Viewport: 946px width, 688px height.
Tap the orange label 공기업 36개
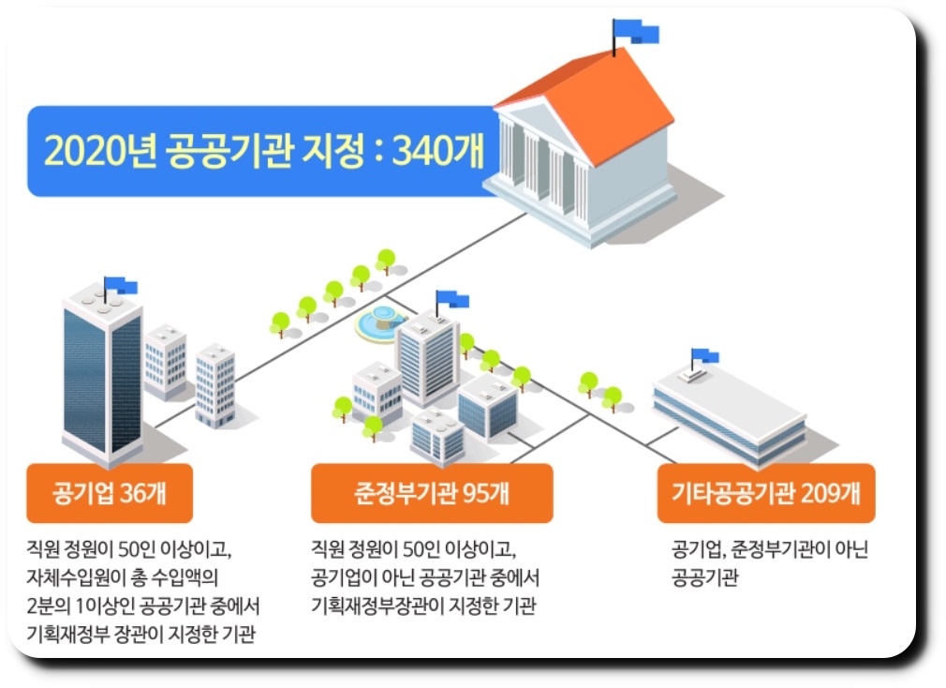click(x=110, y=493)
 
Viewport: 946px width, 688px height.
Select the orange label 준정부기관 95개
click(x=432, y=493)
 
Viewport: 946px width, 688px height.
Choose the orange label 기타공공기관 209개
click(x=765, y=493)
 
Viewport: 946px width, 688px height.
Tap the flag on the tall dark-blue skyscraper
click(x=122, y=285)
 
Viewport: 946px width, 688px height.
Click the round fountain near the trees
click(x=379, y=322)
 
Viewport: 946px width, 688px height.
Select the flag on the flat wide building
click(x=706, y=356)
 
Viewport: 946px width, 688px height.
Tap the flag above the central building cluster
click(x=453, y=299)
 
